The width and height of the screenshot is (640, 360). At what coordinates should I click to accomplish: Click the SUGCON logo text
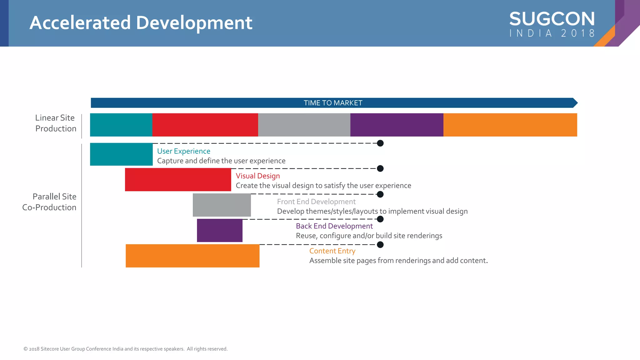[552, 19]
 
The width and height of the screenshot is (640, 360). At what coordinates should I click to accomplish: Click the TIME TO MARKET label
[333, 103]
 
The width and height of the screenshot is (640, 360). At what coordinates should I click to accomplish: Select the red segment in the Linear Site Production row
[205, 125]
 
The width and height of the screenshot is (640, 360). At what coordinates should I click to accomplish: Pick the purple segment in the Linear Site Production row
[397, 125]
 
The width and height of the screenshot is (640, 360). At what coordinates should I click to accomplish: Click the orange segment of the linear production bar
[510, 125]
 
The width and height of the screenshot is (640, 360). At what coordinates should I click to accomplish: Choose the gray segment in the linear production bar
[304, 125]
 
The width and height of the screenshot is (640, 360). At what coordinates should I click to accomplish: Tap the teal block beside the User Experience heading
[121, 154]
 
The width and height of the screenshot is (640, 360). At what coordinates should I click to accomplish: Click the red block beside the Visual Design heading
[178, 180]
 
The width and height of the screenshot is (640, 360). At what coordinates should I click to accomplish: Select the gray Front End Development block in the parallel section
[222, 205]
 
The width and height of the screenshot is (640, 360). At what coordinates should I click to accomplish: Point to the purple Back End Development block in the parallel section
[219, 230]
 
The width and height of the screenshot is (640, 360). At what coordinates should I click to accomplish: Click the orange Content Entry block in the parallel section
[192, 256]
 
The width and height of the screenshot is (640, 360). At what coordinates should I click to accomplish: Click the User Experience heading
[183, 151]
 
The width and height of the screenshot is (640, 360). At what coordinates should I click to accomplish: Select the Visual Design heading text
[257, 176]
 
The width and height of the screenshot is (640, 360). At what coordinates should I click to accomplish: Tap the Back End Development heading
[334, 226]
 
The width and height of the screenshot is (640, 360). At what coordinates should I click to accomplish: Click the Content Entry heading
[332, 251]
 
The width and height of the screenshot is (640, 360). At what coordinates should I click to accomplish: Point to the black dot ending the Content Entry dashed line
[380, 245]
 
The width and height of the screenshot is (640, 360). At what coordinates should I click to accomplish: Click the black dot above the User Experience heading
[380, 143]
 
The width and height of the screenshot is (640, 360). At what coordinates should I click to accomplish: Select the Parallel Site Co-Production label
[49, 202]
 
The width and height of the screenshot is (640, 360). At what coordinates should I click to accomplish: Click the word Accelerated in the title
[80, 23]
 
